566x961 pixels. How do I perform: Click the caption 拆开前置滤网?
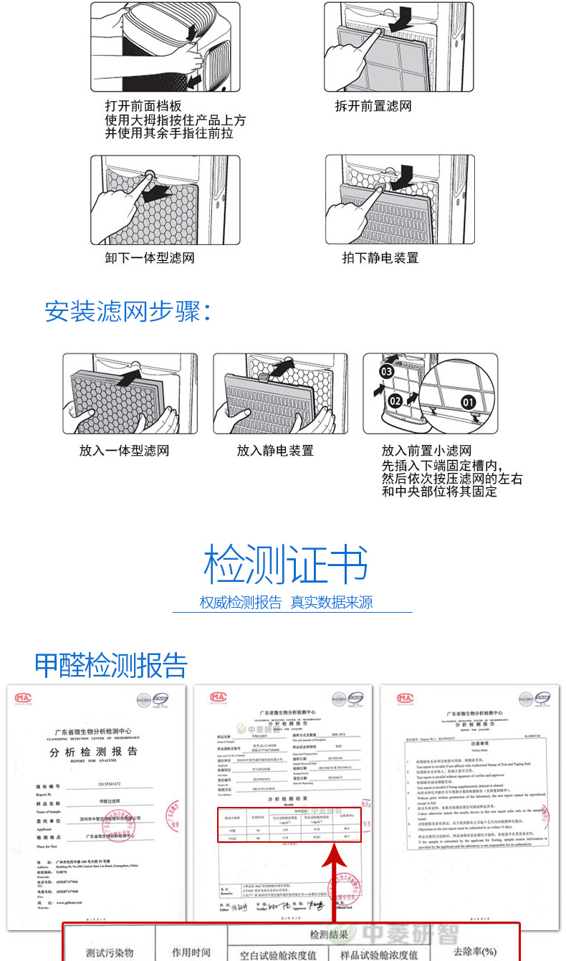[x=373, y=106]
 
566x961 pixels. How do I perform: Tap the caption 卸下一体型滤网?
[x=150, y=258]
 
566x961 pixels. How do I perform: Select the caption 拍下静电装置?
[x=380, y=258]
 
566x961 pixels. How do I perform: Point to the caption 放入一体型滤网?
[x=124, y=451]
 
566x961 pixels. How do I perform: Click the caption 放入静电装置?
[x=275, y=451]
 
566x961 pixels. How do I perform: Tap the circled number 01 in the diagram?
[x=469, y=402]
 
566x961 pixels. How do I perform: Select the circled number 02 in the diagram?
[x=395, y=401]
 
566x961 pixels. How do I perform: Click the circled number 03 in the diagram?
[x=386, y=371]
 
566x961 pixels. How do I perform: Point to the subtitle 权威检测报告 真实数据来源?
[x=286, y=603]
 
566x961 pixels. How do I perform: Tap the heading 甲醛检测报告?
[x=111, y=665]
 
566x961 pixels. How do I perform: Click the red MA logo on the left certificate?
[x=24, y=697]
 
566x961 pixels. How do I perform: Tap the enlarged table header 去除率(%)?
[x=474, y=951]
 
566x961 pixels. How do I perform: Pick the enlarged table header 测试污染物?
[x=110, y=952]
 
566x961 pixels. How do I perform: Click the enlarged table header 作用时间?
[x=191, y=952]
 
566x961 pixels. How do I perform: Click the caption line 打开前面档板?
[x=143, y=106]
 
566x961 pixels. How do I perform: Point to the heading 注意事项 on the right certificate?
[x=470, y=744]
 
